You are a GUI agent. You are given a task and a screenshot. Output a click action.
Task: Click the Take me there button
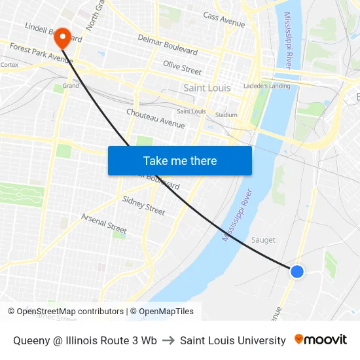click(180, 160)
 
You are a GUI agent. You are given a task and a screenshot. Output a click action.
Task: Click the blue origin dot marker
click(297, 271)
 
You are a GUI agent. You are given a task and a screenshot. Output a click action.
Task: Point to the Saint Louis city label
click(206, 88)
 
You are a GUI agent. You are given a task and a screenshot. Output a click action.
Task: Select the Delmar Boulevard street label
click(168, 45)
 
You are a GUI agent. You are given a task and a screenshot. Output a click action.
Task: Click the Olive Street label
click(182, 67)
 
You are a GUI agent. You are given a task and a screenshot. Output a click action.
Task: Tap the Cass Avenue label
click(224, 20)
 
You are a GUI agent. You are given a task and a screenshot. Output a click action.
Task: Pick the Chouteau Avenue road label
click(156, 118)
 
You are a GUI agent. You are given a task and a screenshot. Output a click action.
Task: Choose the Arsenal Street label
click(103, 223)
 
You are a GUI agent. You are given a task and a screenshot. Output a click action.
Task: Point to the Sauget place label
click(264, 240)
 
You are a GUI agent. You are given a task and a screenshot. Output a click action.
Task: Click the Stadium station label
click(226, 115)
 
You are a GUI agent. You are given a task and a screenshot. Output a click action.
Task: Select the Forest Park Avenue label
click(41, 53)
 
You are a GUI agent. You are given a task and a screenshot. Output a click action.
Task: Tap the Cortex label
click(9, 65)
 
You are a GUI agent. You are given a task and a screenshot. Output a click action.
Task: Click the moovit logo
click(321, 340)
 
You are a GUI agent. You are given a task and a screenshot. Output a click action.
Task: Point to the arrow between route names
click(168, 340)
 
